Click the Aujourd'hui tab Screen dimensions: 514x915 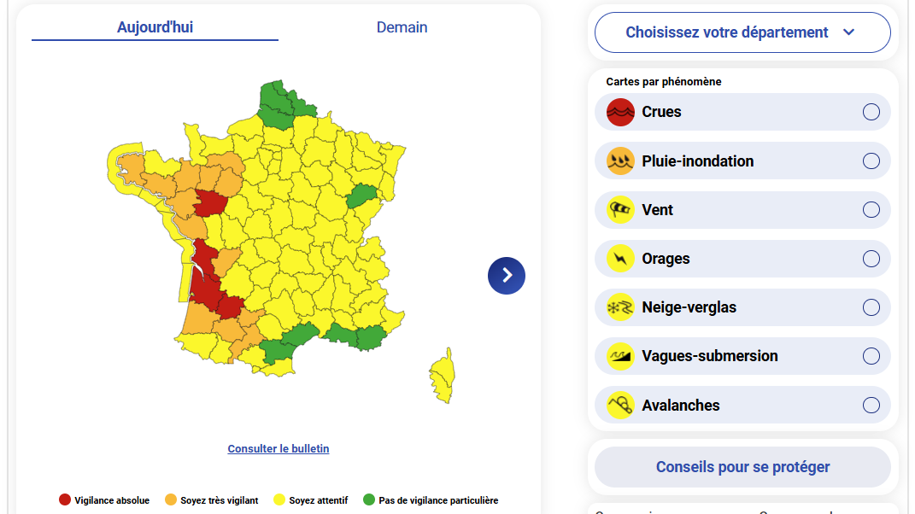(155, 27)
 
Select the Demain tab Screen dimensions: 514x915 (402, 27)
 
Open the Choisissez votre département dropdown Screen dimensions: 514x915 (742, 32)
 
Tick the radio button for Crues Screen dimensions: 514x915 (871, 112)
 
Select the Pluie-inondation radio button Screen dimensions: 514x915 (871, 161)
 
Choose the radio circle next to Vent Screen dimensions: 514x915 (871, 210)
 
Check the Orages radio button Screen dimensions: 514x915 (871, 259)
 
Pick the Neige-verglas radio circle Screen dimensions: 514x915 (871, 307)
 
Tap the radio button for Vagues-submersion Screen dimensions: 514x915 (871, 356)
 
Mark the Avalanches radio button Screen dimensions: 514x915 (871, 406)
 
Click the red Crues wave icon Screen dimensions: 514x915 (620, 112)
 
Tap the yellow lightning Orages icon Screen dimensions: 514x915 (620, 259)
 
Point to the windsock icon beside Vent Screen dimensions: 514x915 (620, 210)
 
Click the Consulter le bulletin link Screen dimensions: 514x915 (278, 449)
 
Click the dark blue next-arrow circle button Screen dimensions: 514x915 (507, 275)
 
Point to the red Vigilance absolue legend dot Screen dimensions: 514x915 (64, 500)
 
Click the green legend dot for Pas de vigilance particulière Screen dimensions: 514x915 (369, 500)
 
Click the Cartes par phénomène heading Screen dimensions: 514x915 (664, 82)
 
